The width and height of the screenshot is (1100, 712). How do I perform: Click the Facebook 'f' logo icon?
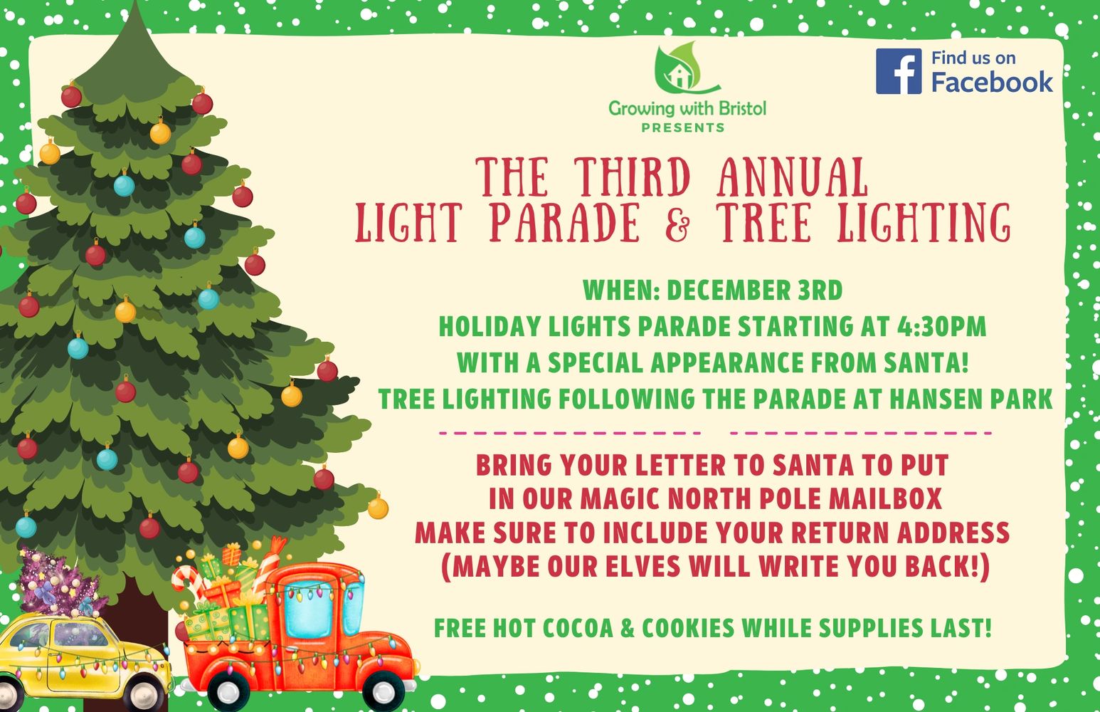pyautogui.click(x=898, y=71)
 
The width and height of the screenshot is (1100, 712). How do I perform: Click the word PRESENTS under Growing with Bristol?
pyautogui.click(x=682, y=127)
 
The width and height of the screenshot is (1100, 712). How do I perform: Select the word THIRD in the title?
pyautogui.click(x=633, y=177)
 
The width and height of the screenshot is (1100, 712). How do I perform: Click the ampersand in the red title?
pyautogui.click(x=677, y=224)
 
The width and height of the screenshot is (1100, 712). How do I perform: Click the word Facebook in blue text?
pyautogui.click(x=992, y=82)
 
